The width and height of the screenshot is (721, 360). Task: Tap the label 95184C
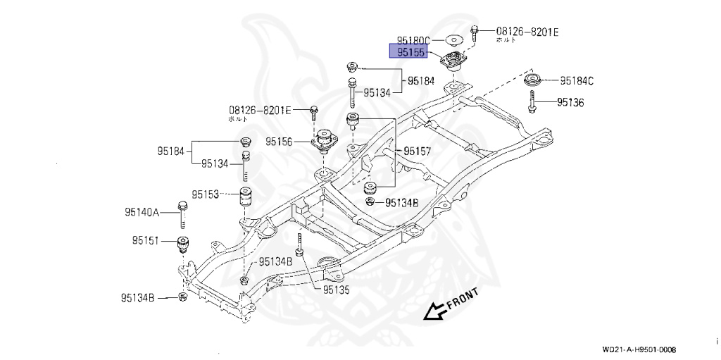coord(577,81)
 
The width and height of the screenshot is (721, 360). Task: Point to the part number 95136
coord(570,102)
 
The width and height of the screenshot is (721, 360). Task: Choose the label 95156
coord(280,142)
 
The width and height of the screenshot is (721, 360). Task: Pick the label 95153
coord(206,192)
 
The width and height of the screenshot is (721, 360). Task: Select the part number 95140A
coord(143,211)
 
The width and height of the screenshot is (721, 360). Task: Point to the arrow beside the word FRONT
coord(434,311)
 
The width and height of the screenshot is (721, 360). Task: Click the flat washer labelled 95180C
coord(452,40)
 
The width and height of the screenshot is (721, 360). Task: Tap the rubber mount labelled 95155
coord(453,62)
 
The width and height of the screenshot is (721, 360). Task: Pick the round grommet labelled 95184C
coord(533,79)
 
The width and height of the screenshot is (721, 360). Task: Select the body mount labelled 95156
coord(323,139)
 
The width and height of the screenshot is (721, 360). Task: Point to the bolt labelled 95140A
coord(182,213)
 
